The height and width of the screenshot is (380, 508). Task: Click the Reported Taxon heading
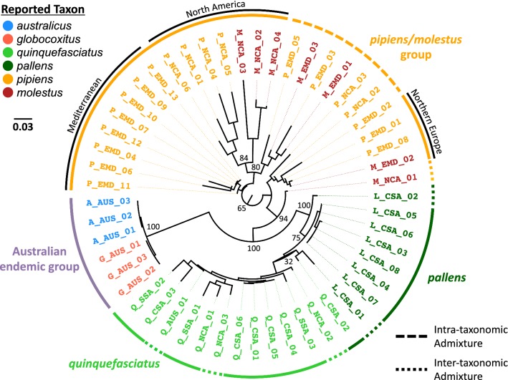pos(42,9)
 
